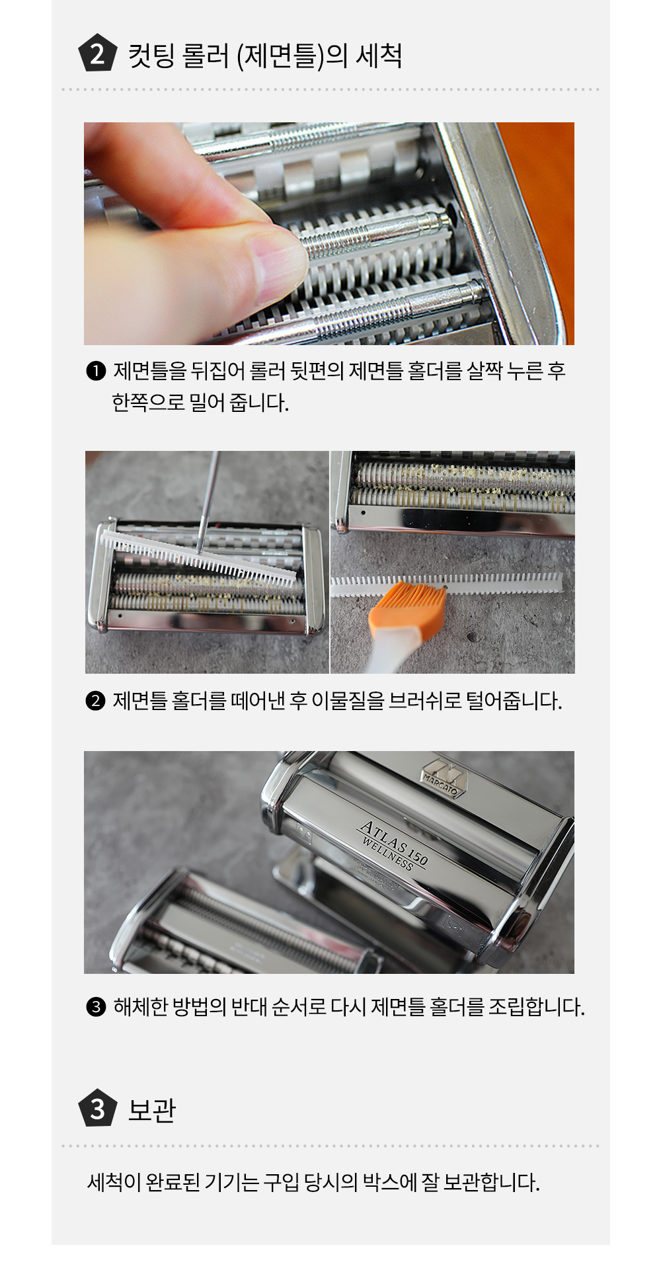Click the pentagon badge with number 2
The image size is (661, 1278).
(x=98, y=54)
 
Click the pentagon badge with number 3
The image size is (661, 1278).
(x=98, y=1108)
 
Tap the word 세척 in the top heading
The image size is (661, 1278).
(x=379, y=55)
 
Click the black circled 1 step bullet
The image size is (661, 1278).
(x=96, y=371)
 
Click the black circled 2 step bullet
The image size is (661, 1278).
(x=96, y=700)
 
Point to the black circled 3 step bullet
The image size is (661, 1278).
(x=96, y=1007)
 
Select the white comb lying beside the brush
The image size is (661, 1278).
(x=447, y=584)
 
